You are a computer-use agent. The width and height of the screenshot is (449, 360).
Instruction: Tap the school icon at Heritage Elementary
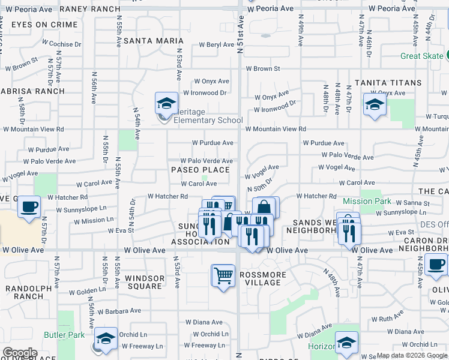(166, 103)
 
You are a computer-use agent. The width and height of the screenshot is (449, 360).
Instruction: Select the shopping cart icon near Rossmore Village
(223, 276)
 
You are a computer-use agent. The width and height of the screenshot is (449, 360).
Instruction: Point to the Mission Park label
(367, 202)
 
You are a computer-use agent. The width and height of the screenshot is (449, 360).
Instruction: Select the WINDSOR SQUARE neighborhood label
(144, 282)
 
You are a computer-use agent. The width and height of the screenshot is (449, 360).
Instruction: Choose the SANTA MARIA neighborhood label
(154, 41)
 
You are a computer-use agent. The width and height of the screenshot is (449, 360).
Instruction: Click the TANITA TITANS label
(388, 82)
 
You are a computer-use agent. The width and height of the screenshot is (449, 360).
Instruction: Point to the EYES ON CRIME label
(44, 25)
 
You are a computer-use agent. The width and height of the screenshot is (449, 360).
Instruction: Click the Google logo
(20, 353)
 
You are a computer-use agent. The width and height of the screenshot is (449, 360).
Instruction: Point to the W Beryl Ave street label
(213, 45)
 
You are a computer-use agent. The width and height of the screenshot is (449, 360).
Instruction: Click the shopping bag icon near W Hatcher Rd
(265, 208)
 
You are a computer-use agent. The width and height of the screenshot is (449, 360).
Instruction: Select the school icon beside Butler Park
(106, 339)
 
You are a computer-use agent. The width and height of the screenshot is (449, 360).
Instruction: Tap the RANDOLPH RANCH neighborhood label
(24, 292)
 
